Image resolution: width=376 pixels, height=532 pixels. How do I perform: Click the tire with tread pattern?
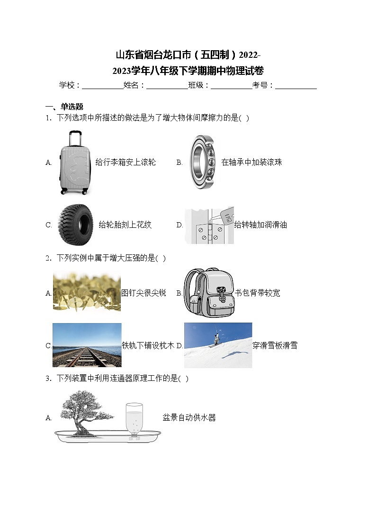point(76,224)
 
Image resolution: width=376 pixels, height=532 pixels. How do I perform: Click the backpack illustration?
point(209,292)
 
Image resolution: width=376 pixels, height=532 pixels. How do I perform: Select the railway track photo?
point(87,345)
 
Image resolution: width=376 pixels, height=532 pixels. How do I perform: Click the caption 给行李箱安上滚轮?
point(125,162)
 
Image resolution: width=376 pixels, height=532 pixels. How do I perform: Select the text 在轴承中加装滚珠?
point(251,162)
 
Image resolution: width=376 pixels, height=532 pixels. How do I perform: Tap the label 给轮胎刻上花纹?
point(125,225)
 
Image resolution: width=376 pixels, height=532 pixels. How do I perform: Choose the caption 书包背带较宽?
point(258,293)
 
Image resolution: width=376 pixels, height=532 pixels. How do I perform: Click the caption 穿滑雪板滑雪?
point(275,345)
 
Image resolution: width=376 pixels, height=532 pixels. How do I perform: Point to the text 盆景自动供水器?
point(189,417)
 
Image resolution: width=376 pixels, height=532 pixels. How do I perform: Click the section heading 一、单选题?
point(64,107)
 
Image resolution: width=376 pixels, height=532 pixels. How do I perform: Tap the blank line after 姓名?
point(167,86)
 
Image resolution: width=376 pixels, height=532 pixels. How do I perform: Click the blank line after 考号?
point(295,86)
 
